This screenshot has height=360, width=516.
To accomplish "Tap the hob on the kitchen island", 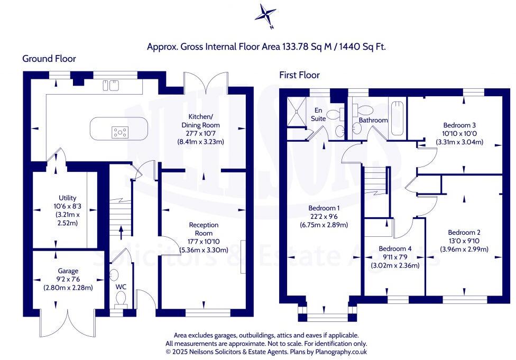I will click(x=120, y=132).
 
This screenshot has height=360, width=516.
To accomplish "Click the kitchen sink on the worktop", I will click(x=112, y=85).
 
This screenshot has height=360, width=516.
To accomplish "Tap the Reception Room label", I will click(x=204, y=229).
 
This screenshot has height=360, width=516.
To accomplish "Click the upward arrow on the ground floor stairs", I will click(x=121, y=229).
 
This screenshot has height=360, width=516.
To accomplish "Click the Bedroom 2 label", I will click(x=464, y=232).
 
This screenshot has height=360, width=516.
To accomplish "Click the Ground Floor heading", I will click(x=49, y=59).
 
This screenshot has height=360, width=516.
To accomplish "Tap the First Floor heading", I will click(x=299, y=75).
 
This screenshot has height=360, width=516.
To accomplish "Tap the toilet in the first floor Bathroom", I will click(x=363, y=109).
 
